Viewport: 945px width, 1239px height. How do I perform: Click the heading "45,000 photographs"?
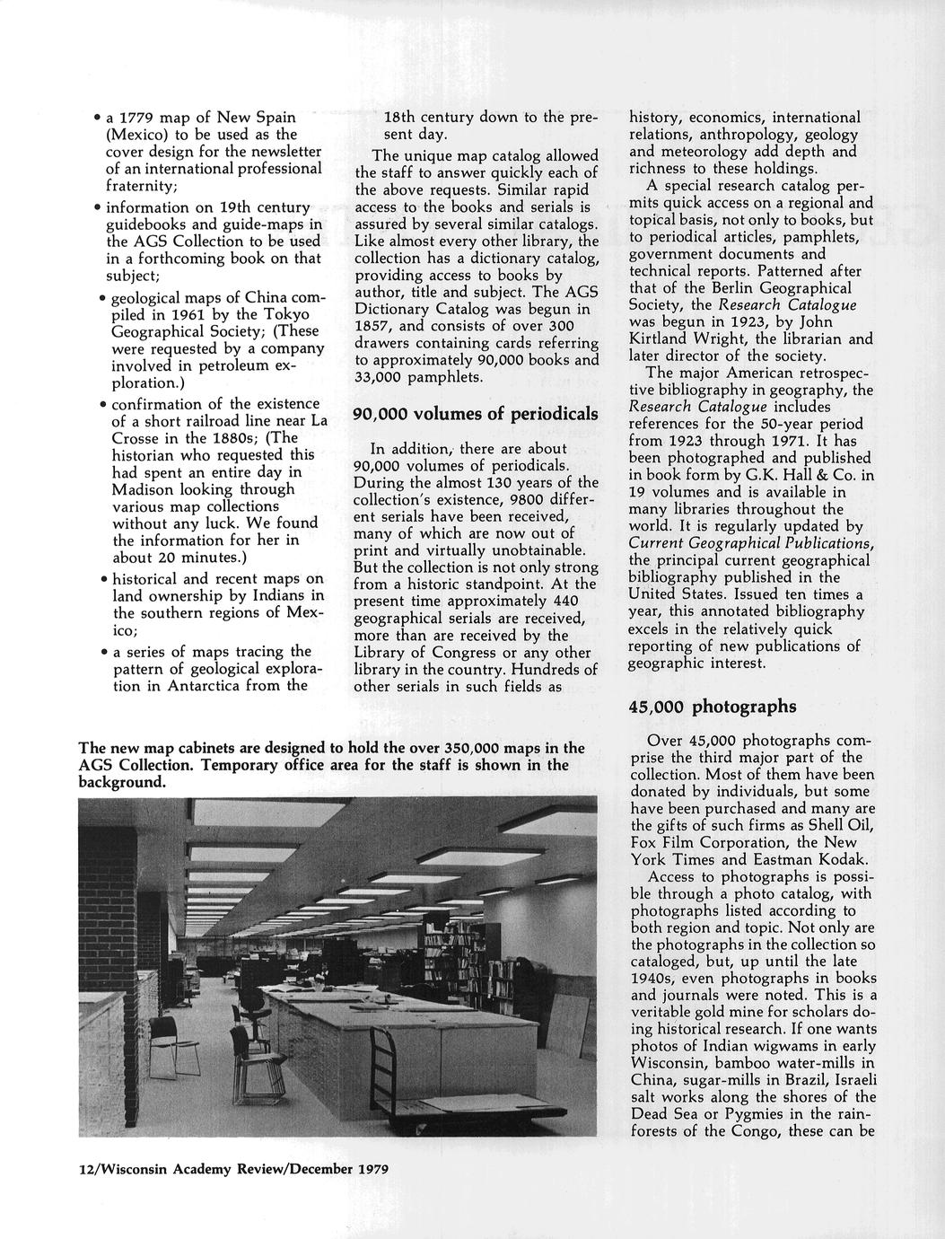pos(712,707)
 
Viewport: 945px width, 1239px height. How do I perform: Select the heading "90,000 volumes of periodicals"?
pos(475,414)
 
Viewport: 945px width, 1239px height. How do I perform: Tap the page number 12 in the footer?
pos(86,1169)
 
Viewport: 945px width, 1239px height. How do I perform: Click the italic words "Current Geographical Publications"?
pos(750,543)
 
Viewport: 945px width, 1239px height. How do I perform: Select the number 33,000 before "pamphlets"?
pos(381,377)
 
